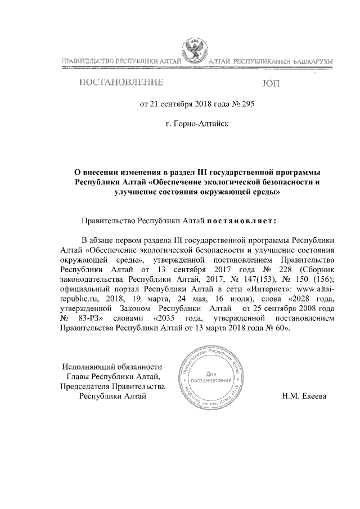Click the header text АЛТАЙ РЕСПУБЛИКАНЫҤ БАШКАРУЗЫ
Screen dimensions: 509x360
271,60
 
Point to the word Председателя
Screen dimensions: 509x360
86,386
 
